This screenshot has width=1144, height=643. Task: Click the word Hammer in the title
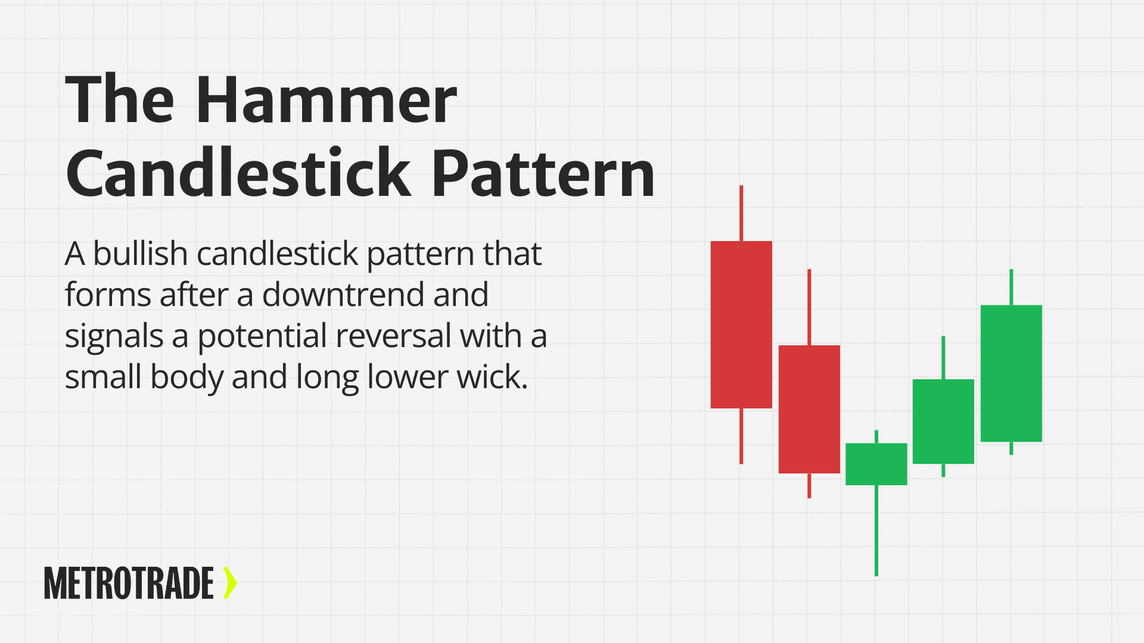click(x=326, y=100)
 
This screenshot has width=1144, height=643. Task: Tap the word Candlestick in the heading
click(x=238, y=173)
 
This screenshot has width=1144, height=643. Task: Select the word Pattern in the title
click(x=543, y=173)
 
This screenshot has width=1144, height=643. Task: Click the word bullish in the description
click(x=141, y=254)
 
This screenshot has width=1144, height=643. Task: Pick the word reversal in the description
click(x=393, y=336)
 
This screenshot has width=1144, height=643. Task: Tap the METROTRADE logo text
click(x=129, y=583)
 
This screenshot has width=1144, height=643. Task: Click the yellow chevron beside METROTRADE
click(x=230, y=583)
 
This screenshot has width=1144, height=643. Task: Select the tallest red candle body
click(x=741, y=324)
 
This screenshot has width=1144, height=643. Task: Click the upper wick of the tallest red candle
click(x=741, y=213)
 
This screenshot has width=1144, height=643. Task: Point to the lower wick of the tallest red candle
click(x=741, y=436)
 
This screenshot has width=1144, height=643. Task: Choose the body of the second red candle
click(x=809, y=409)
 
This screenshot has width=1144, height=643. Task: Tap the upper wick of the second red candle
click(x=809, y=307)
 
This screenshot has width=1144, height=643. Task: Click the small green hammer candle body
click(x=876, y=464)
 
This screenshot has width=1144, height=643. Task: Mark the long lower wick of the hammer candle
click(x=876, y=530)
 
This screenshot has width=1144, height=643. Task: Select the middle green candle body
click(x=943, y=421)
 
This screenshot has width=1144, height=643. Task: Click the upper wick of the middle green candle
click(x=943, y=357)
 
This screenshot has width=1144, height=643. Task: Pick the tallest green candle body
click(x=1011, y=373)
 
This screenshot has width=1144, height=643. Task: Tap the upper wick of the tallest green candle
click(x=1011, y=287)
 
